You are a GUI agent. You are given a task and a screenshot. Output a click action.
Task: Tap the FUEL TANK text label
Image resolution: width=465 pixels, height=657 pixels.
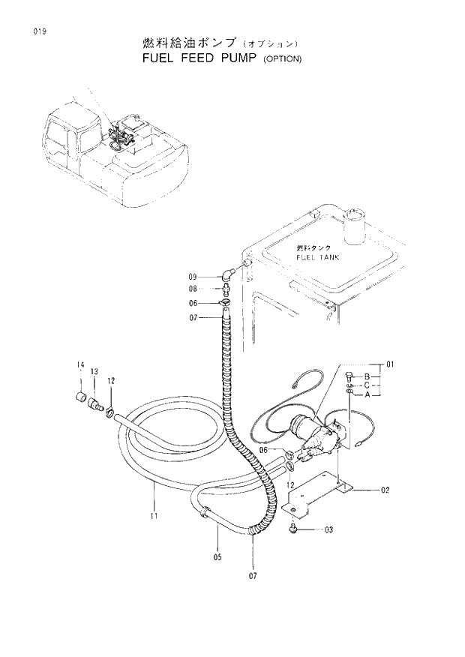[317, 256]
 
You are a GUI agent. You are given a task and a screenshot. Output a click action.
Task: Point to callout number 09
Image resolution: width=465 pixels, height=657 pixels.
[192, 276]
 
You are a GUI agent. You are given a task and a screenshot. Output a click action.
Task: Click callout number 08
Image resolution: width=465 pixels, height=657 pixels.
[192, 289]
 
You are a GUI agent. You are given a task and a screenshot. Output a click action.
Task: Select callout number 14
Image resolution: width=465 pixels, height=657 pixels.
[80, 365]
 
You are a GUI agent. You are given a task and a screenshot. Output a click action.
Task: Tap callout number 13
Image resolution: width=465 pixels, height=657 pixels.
[94, 371]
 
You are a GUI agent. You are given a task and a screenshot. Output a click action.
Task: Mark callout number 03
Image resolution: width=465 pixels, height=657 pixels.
[328, 529]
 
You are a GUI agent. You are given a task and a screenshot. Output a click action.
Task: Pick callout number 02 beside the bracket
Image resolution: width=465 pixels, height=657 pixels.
[385, 490]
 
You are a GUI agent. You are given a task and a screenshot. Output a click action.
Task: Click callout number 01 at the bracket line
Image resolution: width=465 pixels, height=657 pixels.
[390, 366]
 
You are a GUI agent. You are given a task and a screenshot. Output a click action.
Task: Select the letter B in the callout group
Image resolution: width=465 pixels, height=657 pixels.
[367, 376]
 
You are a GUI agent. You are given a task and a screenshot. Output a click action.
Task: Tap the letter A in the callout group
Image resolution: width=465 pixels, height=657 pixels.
[367, 395]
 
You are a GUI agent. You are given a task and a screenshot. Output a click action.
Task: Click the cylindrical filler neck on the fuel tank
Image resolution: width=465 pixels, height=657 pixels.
[352, 225]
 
